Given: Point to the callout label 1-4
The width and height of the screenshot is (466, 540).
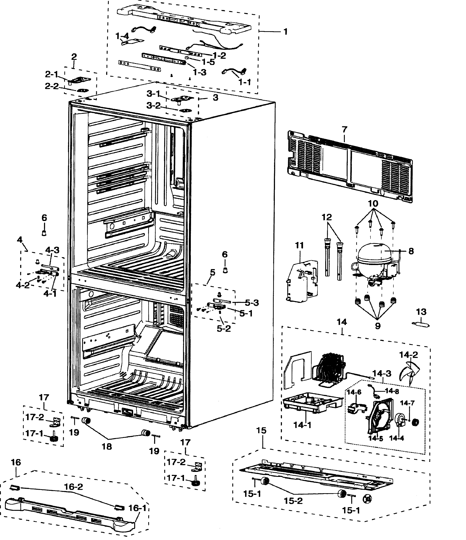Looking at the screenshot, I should (x=122, y=36).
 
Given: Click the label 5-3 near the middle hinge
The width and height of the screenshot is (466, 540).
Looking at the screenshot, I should (x=252, y=303).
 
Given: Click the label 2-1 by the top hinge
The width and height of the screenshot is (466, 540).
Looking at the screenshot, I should (x=52, y=74).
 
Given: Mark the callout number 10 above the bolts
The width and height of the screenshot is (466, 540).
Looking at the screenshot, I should (x=373, y=203).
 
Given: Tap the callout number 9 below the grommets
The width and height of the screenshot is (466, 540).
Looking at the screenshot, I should (x=377, y=326).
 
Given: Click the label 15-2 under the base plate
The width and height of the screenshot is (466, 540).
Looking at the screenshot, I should (x=293, y=501).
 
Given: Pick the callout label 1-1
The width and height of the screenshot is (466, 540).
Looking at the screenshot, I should (x=245, y=82).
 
